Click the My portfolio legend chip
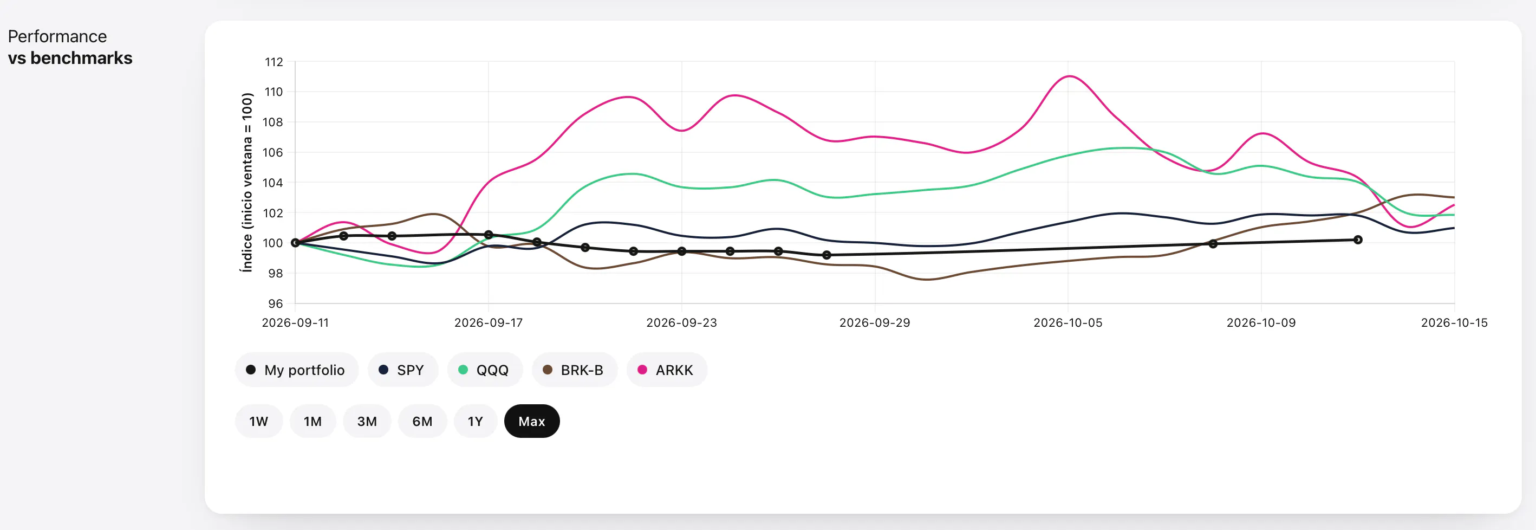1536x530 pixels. [296, 370]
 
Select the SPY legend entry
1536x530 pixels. [402, 370]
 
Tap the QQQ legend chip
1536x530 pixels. [484, 370]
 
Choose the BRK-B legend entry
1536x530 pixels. [574, 370]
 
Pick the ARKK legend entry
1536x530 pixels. [667, 370]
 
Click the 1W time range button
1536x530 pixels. [259, 422]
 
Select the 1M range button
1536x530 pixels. [313, 422]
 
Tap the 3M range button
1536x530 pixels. [367, 422]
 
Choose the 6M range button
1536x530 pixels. [422, 422]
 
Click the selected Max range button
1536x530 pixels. [532, 422]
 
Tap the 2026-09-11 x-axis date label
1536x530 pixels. [295, 323]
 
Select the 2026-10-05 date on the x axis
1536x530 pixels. [1068, 323]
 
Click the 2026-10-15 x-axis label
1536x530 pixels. [1454, 323]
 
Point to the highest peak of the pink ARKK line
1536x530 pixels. [1070, 76]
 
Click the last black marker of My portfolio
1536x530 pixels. [1358, 240]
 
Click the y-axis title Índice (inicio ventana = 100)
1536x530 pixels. [247, 182]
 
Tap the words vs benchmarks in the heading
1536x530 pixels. [70, 58]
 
